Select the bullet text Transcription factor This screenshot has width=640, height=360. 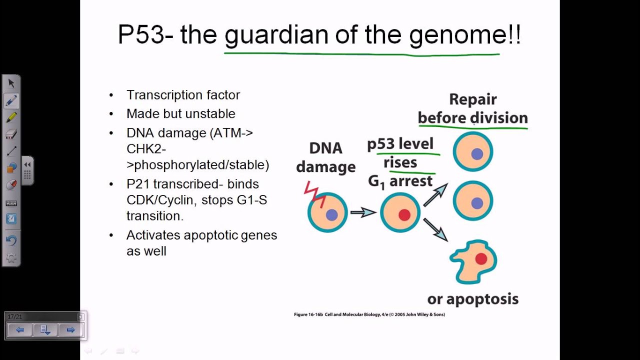(183, 95)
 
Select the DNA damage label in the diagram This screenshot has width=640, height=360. (325, 157)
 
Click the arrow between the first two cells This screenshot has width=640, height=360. (362, 212)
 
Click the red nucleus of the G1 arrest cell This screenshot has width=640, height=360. (404, 215)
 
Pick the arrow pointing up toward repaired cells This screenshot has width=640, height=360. (435, 194)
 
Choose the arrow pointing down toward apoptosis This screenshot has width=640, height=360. (435, 230)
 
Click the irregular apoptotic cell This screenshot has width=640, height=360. (473, 261)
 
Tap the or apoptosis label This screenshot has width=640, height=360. (472, 299)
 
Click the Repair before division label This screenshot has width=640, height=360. (472, 108)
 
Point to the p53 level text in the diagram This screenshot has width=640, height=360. (400, 144)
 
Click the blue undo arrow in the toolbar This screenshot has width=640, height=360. (11, 240)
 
